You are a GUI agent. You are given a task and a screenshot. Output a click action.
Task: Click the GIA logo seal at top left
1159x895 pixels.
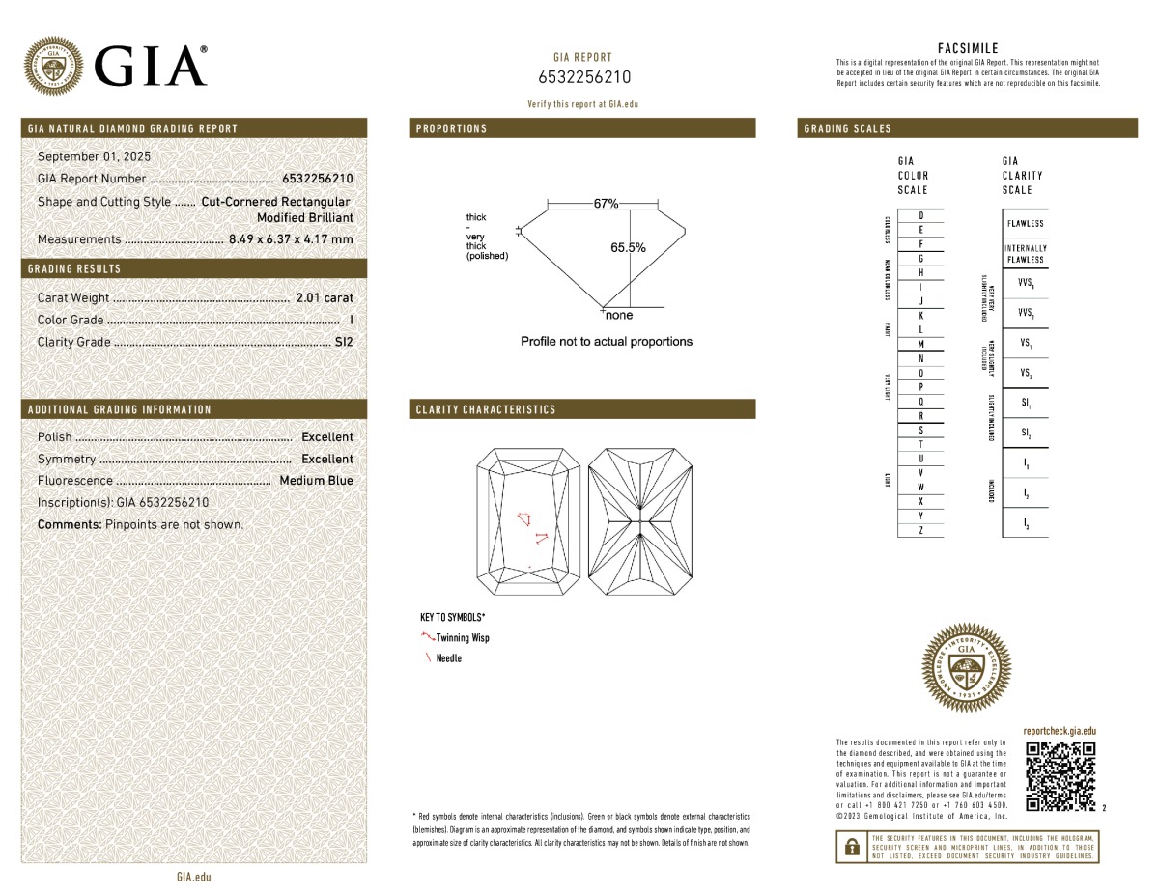[54, 66]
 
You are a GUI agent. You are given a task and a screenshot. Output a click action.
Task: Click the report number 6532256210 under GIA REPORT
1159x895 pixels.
[583, 77]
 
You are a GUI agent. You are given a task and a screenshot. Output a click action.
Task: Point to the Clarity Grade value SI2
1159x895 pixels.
[344, 341]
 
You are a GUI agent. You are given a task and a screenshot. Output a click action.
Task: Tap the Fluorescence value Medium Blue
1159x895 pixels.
[316, 480]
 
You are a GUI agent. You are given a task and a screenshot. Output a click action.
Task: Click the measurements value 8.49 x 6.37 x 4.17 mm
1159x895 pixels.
[291, 238]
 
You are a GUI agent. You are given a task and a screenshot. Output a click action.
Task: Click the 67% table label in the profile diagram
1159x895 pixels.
[606, 204]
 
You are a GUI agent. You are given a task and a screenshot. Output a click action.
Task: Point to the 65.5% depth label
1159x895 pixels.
[628, 247]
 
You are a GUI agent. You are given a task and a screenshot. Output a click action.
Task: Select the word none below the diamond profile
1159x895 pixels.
[618, 315]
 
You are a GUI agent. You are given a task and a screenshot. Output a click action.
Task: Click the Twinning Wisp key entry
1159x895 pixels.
[462, 637]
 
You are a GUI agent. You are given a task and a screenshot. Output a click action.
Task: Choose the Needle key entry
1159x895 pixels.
[448, 657]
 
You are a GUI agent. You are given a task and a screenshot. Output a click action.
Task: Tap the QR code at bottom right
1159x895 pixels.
[1060, 777]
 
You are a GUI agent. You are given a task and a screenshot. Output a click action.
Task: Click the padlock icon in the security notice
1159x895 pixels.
[852, 847]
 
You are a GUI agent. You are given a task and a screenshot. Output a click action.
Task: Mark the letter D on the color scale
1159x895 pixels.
[921, 215]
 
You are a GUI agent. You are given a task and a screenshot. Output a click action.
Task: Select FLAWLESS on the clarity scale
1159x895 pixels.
[1025, 224]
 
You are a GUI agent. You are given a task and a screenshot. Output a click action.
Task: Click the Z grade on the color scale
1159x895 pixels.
[921, 530]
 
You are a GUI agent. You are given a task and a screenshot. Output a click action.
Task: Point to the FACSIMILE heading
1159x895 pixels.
[968, 48]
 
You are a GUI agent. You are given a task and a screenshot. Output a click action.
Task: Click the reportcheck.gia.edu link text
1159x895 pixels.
[1060, 732]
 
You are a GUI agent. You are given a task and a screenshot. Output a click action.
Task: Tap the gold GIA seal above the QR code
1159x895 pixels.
[969, 668]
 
